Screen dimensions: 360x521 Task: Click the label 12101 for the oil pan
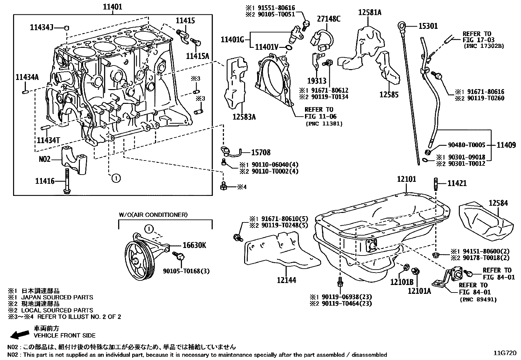click(x=406, y=179)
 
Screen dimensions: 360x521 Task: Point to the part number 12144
click(x=286, y=280)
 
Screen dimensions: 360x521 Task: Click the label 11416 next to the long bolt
click(x=45, y=180)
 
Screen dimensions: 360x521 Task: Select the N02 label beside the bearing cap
click(x=45, y=159)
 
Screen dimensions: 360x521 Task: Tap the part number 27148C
click(x=329, y=19)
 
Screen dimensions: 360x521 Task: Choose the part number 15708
click(x=260, y=152)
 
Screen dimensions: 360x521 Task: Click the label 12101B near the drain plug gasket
click(x=402, y=282)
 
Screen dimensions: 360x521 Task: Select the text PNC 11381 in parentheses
click(x=324, y=123)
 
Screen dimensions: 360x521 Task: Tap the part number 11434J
click(x=41, y=28)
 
